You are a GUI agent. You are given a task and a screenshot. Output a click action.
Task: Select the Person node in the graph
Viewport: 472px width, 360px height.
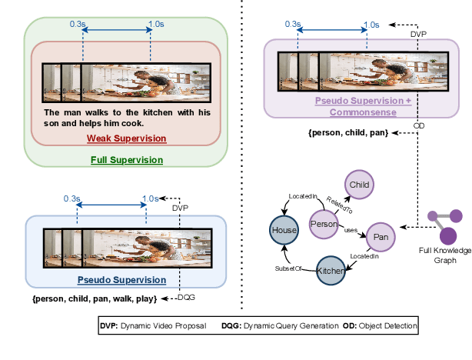(x=324, y=223)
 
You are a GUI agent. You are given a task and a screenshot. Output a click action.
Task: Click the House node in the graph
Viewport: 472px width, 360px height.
(x=282, y=229)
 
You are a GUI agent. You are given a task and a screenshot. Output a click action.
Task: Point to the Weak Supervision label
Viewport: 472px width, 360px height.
(x=126, y=138)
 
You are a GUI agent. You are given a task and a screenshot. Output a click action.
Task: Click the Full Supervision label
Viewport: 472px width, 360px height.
(x=126, y=160)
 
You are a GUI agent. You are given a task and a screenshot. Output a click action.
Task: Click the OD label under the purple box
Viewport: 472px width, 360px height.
(x=419, y=123)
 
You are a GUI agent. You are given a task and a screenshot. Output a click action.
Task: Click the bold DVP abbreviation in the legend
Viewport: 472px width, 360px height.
(x=108, y=326)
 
